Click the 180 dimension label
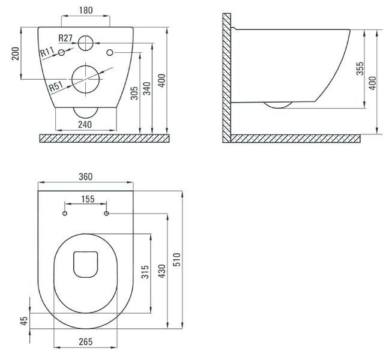pyautogui.click(x=86, y=10)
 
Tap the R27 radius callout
pyautogui.click(x=65, y=38)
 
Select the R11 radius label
pyautogui.click(x=47, y=52)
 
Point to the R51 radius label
pyautogui.click(x=56, y=86)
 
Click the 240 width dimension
pyautogui.click(x=85, y=124)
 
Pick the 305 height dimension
pyautogui.click(x=134, y=93)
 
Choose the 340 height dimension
pyautogui.click(x=147, y=89)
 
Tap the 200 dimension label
pyautogui.click(x=16, y=53)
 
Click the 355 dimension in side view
pyautogui.click(x=360, y=68)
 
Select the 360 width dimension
pyautogui.click(x=86, y=177)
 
